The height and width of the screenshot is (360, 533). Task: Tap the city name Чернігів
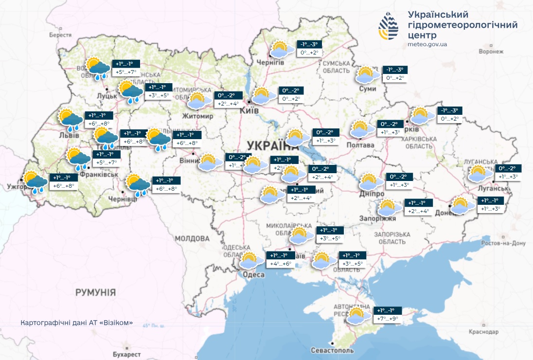(x=270, y=62)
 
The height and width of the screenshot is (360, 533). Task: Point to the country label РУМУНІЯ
(x=95, y=292)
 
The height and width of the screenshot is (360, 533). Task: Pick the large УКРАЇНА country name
(x=272, y=144)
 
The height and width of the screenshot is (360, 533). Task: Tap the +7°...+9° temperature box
(x=388, y=319)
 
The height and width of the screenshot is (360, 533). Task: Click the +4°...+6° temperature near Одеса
(x=281, y=264)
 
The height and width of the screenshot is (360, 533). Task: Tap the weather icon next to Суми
(x=366, y=75)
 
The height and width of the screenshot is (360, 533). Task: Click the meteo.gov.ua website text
(x=427, y=44)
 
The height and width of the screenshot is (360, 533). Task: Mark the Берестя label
(x=60, y=35)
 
